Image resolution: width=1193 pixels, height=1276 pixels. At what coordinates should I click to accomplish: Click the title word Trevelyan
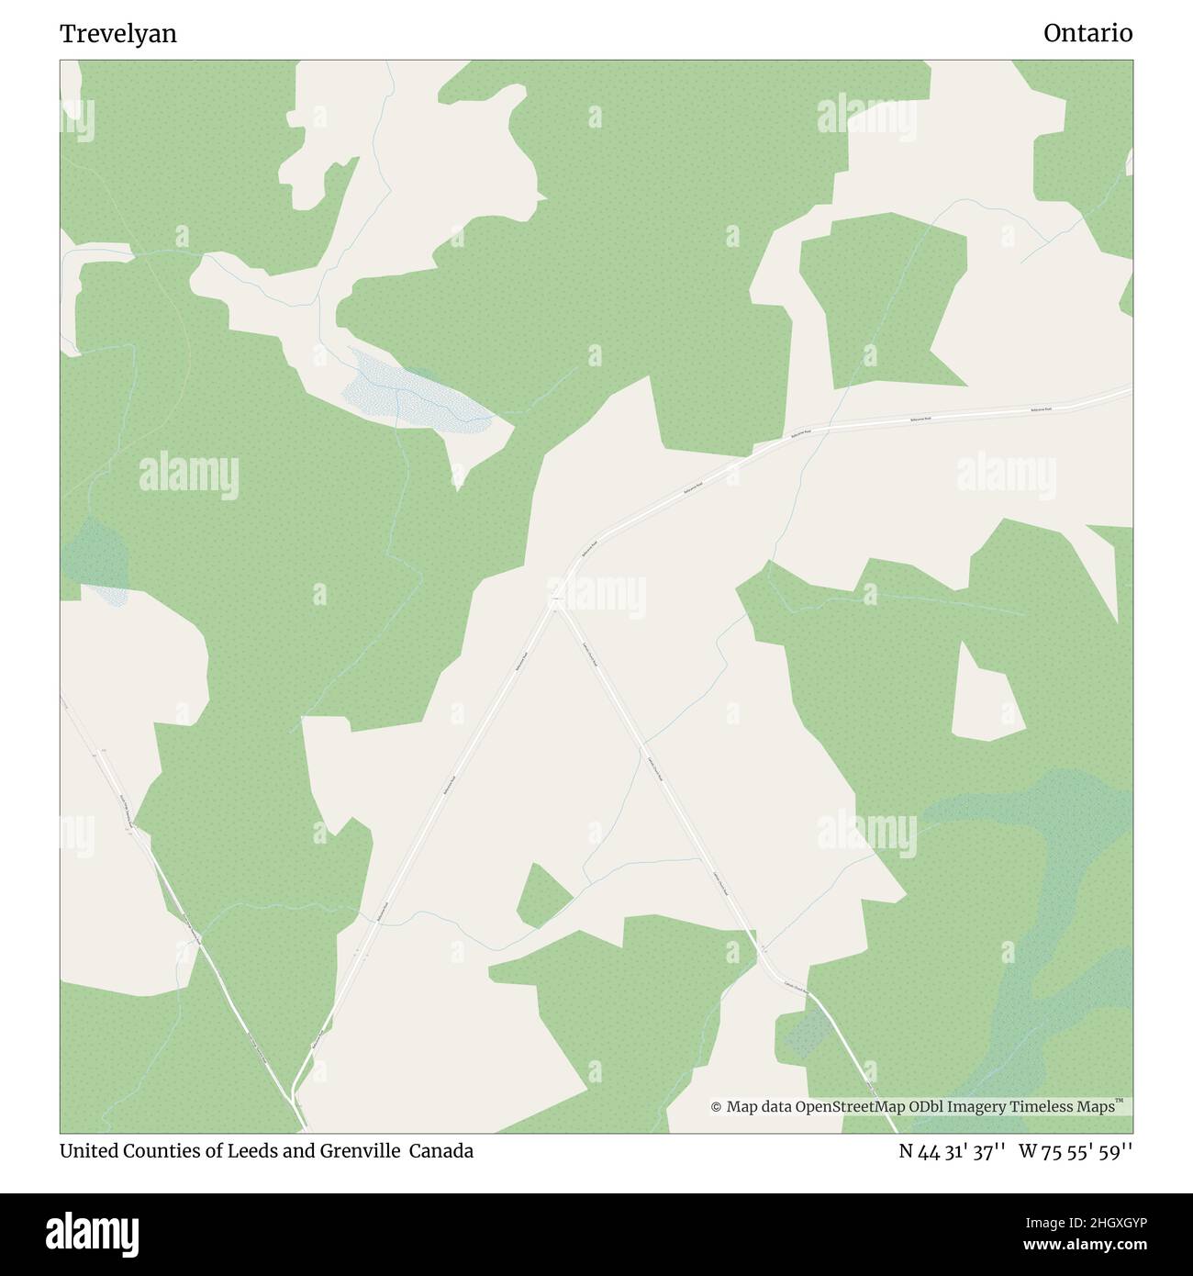click(118, 34)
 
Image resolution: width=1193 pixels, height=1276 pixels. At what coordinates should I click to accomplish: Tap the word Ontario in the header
click(1087, 34)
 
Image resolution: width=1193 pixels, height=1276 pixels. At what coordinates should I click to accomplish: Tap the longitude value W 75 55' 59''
click(1076, 1151)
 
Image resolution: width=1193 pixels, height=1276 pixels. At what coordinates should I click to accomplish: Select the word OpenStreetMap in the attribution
click(851, 1107)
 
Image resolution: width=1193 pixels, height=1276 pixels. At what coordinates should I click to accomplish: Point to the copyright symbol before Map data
click(716, 1107)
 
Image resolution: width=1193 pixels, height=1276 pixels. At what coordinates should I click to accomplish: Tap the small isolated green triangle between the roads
click(541, 897)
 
